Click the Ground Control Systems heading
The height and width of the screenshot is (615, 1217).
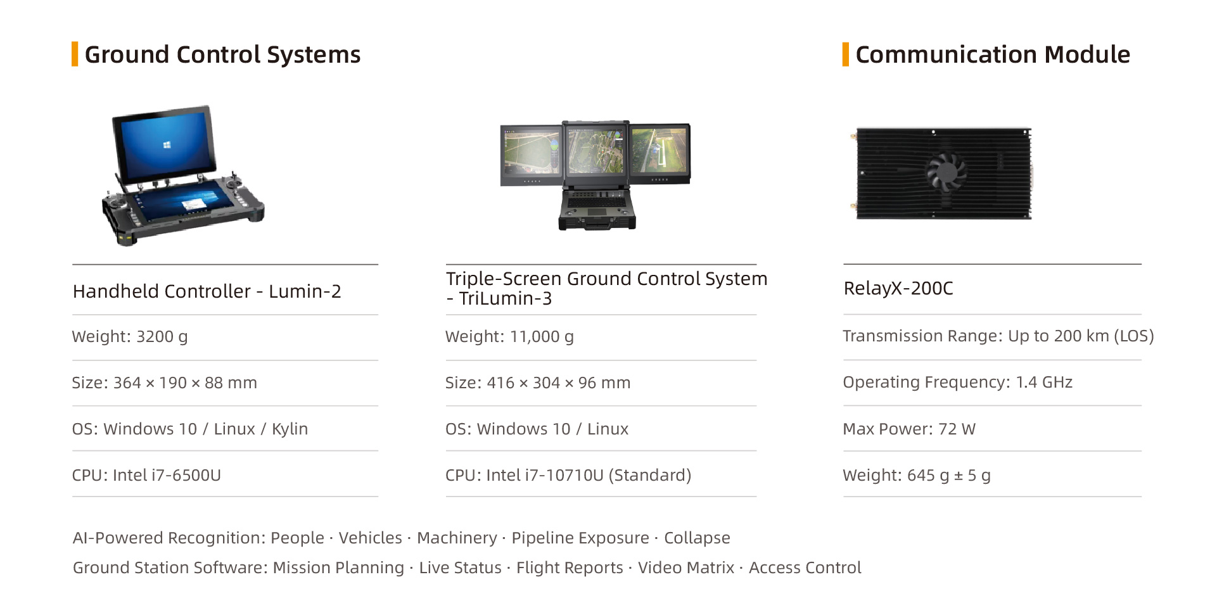[x=222, y=54]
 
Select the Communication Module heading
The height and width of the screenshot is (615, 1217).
[x=992, y=54]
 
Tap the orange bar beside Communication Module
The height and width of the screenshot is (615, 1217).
[x=845, y=54]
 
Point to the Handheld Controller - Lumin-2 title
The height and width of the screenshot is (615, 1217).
[x=207, y=291]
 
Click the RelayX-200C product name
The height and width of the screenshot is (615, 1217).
[x=898, y=288]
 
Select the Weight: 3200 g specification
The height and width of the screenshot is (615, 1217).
[x=130, y=336]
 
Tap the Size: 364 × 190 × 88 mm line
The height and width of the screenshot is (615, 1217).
[x=164, y=383]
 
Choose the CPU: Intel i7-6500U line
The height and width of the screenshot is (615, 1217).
[x=146, y=475]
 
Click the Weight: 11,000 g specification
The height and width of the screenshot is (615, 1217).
[x=509, y=336]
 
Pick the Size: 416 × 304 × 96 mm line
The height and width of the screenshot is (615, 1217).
[x=537, y=383]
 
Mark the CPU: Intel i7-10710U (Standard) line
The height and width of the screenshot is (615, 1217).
[x=568, y=475]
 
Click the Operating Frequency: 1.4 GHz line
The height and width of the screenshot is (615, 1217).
[x=957, y=382]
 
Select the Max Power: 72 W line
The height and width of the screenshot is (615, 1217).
[x=908, y=429]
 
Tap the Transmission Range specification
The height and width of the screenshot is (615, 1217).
[x=998, y=336]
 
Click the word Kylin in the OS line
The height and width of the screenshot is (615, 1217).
[x=290, y=429]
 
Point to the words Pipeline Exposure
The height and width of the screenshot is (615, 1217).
[x=580, y=538]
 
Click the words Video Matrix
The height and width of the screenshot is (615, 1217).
[x=685, y=567]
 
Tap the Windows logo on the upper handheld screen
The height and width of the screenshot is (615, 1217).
[x=167, y=145]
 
